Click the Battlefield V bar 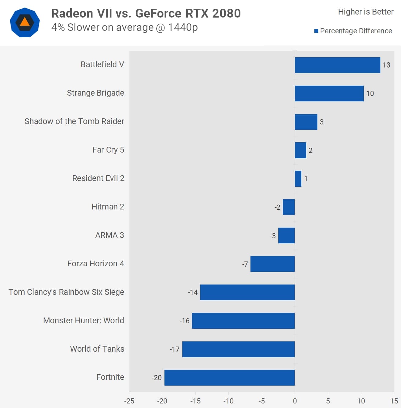(x=337, y=65)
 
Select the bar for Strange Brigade (x=329, y=94)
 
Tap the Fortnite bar (x=230, y=378)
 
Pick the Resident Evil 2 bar (x=298, y=179)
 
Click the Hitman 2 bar (x=289, y=207)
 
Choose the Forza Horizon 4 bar (x=273, y=264)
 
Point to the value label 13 (x=386, y=65)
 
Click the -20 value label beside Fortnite (x=157, y=378)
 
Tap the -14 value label (x=193, y=292)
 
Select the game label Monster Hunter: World (x=84, y=321)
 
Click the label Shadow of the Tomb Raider (x=74, y=121)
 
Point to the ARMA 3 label (x=110, y=235)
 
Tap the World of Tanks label (x=97, y=349)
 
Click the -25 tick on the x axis (x=129, y=401)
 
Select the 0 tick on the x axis (x=295, y=401)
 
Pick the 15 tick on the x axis (x=394, y=401)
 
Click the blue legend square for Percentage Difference (x=316, y=31)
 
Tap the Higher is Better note (x=366, y=12)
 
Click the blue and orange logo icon (x=25, y=23)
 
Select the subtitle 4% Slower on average (x=124, y=28)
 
